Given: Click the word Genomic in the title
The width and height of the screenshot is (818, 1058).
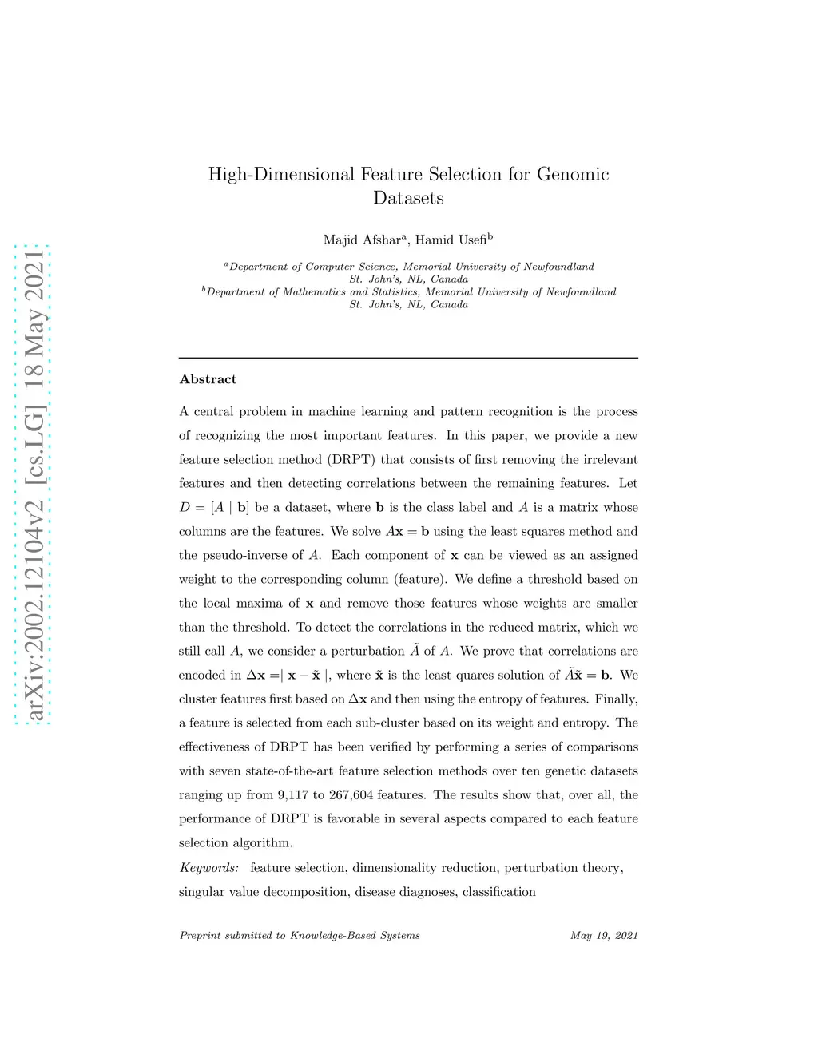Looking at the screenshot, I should pyautogui.click(x=573, y=175).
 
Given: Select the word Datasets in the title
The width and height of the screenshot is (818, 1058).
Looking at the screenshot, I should pyautogui.click(x=408, y=198).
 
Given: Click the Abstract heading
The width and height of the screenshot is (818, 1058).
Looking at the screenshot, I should pyautogui.click(x=208, y=379).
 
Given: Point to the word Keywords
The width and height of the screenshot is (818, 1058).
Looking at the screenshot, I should pyautogui.click(x=208, y=867).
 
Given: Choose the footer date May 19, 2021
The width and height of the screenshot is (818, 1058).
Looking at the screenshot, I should pyautogui.click(x=604, y=935).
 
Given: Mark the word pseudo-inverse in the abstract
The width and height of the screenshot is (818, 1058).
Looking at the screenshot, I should pyautogui.click(x=244, y=555).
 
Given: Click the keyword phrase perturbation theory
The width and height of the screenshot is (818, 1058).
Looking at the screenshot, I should pyautogui.click(x=562, y=867).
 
